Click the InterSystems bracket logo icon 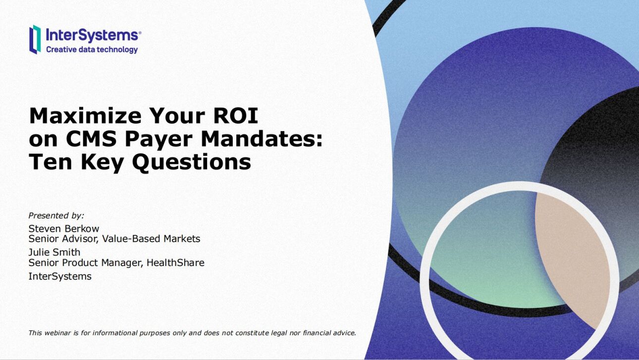(35, 39)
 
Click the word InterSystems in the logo (92, 35)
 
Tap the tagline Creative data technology (92, 50)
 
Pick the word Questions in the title (194, 163)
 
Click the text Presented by (56, 215)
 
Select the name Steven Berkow (64, 228)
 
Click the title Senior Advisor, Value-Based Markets (114, 239)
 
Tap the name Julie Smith (54, 252)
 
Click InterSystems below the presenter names (60, 276)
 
